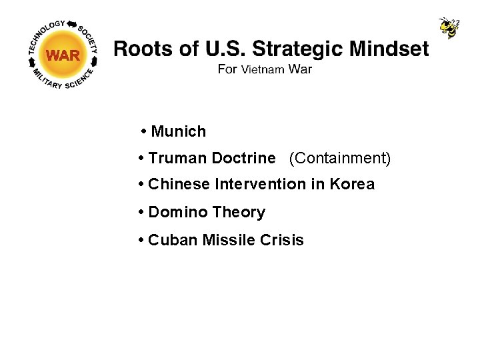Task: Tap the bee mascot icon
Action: [449, 28]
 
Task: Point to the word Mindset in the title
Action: [389, 49]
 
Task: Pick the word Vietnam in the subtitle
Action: [263, 69]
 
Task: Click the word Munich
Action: [179, 131]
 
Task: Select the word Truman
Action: [177, 158]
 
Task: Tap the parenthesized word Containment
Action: [340, 158]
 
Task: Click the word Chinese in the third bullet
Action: [179, 184]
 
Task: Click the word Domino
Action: [178, 212]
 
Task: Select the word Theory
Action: [239, 212]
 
